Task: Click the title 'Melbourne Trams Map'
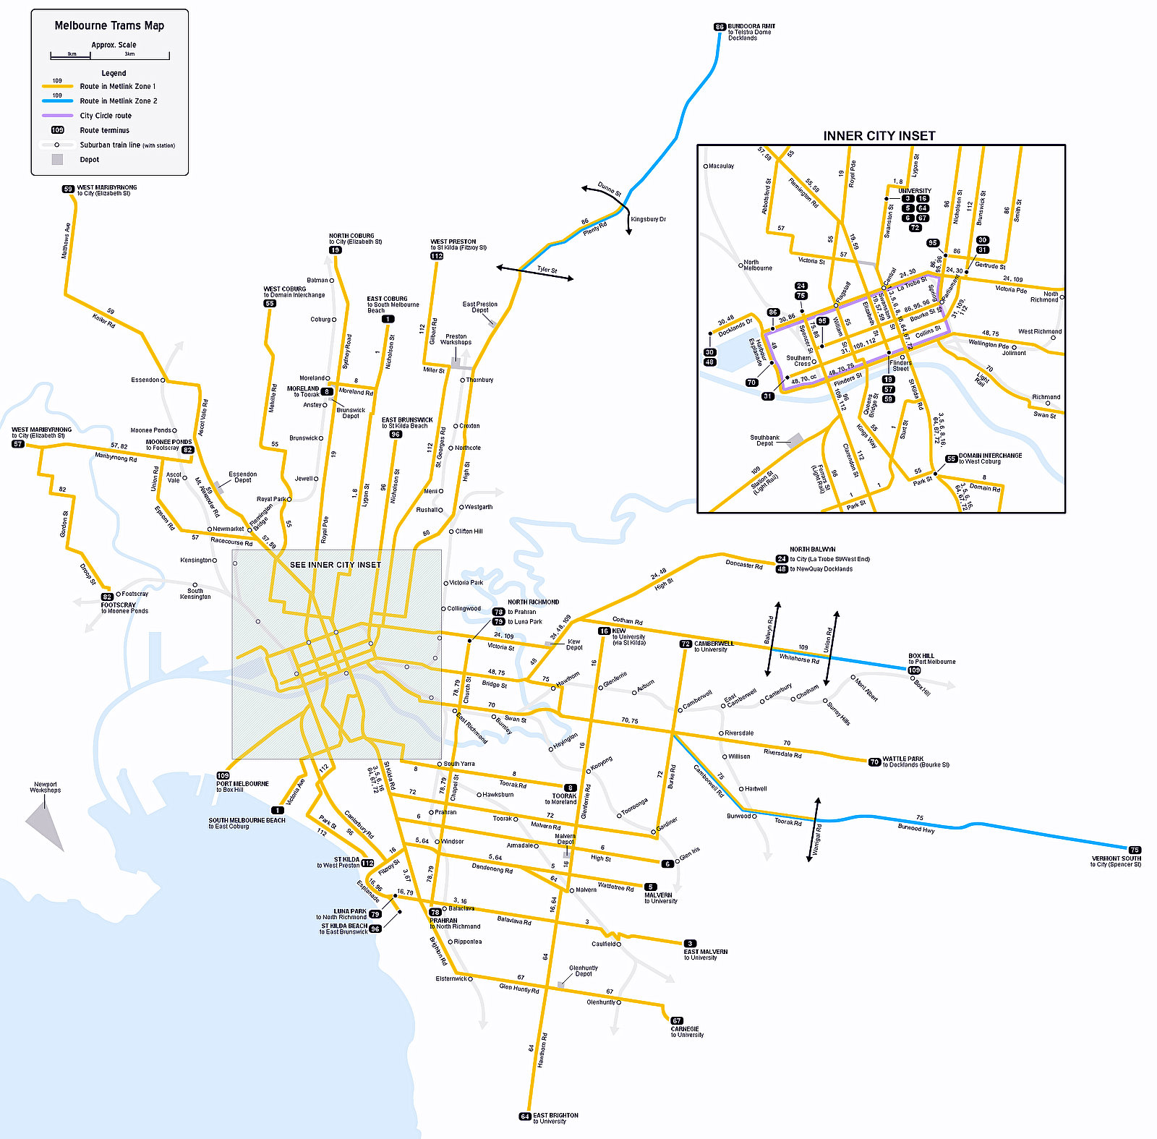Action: pos(109,25)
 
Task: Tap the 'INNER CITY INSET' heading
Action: pos(879,136)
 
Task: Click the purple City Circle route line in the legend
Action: pos(57,116)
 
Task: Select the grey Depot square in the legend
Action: pos(57,160)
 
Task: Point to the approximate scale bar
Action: pos(110,56)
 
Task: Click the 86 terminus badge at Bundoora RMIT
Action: pos(719,27)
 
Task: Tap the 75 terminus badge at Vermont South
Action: pos(1135,850)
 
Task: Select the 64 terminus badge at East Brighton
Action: pos(525,1116)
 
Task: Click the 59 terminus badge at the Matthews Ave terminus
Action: pos(68,189)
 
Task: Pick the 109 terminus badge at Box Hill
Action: pos(914,670)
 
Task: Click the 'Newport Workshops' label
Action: pos(45,788)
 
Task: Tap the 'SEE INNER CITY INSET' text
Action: pos(335,565)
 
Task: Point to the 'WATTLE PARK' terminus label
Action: pos(902,759)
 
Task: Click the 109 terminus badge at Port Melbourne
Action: pos(223,775)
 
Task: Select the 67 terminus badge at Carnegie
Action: pos(677,1021)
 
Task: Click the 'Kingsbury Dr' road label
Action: pos(648,219)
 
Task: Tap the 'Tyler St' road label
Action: pos(547,270)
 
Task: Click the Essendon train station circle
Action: pos(163,380)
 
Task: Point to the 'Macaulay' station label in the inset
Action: pos(721,166)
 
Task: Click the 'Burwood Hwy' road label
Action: pos(916,829)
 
